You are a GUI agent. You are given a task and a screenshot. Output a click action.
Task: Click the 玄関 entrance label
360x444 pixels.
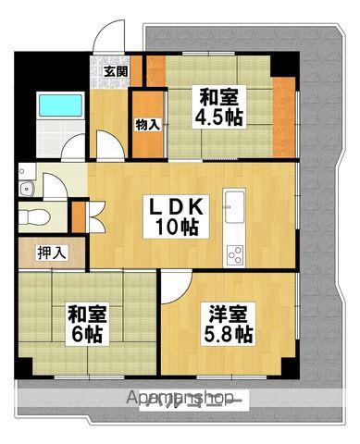(x=115, y=71)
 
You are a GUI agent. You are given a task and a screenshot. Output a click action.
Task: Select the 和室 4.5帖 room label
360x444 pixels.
(x=218, y=107)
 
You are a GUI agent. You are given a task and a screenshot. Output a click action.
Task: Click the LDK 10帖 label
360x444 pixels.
(x=180, y=215)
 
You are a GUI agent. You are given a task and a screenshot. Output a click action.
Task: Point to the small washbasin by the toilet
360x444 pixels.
(x=27, y=190)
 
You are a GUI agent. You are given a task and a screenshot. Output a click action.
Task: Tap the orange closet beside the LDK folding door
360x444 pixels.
(x=77, y=216)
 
